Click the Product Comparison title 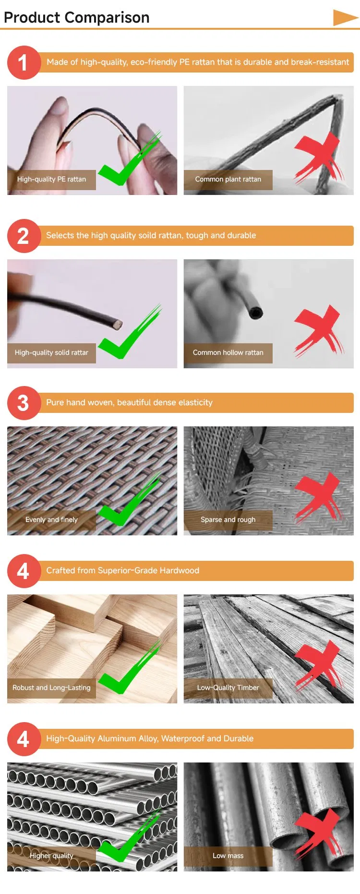pyautogui.click(x=77, y=17)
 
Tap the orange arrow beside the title pyautogui.click(x=345, y=17)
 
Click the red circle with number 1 pyautogui.click(x=23, y=62)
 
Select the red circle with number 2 pyautogui.click(x=23, y=236)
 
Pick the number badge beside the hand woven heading pyautogui.click(x=23, y=403)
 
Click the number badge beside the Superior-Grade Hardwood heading pyautogui.click(x=23, y=571)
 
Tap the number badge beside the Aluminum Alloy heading pyautogui.click(x=23, y=739)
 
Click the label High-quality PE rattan pyautogui.click(x=51, y=180)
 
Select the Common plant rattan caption pyautogui.click(x=228, y=180)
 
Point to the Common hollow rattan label pyautogui.click(x=228, y=353)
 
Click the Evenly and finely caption pyautogui.click(x=51, y=520)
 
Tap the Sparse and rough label pyautogui.click(x=228, y=520)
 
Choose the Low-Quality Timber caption pyautogui.click(x=228, y=688)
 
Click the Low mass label pyautogui.click(x=228, y=856)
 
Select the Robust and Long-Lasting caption pyautogui.click(x=51, y=688)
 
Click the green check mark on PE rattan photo pyautogui.click(x=127, y=163)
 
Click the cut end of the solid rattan pyautogui.click(x=116, y=324)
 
